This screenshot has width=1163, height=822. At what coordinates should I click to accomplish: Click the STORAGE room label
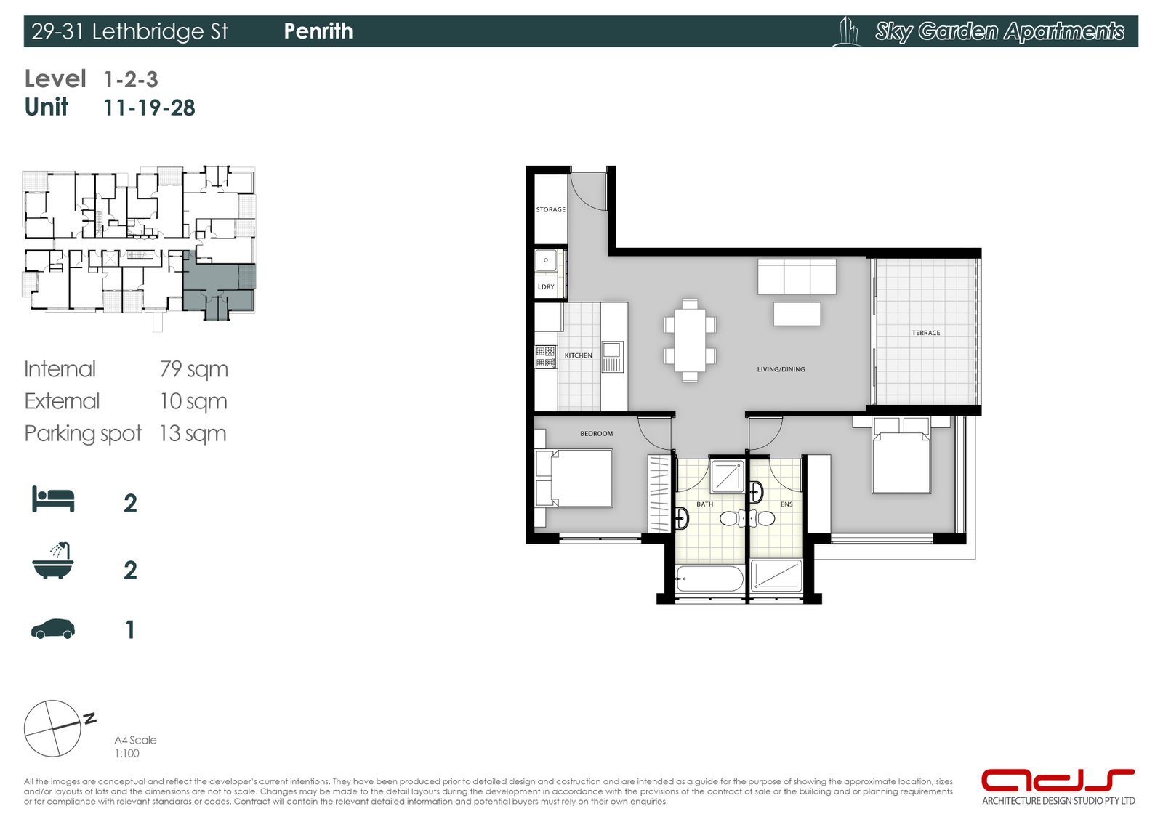(x=550, y=209)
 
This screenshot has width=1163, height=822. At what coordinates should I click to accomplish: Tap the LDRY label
(x=546, y=287)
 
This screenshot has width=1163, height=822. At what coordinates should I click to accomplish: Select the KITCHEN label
(x=579, y=355)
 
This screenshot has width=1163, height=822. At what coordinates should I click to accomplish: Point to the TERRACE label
(x=926, y=333)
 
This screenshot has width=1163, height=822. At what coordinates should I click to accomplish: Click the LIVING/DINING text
(x=781, y=369)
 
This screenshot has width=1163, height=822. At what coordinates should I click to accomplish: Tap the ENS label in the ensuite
(x=786, y=504)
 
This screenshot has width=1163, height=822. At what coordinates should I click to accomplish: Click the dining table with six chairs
(x=690, y=339)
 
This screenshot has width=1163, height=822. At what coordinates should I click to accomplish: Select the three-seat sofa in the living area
(x=797, y=277)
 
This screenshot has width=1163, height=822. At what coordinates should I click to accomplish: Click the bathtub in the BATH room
(x=709, y=580)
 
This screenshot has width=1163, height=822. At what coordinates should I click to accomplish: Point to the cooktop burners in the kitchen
(x=546, y=357)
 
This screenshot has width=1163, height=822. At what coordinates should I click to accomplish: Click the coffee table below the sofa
(x=797, y=314)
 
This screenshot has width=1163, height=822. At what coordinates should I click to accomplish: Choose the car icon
(x=53, y=629)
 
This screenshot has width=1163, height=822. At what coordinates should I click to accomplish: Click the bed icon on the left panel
(x=53, y=499)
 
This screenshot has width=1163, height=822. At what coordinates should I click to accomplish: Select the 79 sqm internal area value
(x=193, y=369)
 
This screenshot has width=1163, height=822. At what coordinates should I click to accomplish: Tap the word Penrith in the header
(x=318, y=31)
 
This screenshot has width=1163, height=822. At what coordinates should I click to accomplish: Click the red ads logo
(x=1057, y=781)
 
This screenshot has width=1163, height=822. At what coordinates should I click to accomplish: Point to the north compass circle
(x=52, y=728)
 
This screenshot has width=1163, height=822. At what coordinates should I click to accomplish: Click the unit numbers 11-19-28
(x=149, y=108)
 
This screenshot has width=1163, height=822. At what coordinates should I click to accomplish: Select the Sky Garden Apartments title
(x=999, y=31)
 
